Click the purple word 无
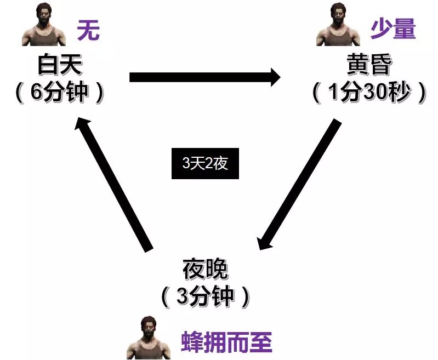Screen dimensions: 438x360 (x=88, y=30)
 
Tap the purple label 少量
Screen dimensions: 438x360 (x=393, y=28)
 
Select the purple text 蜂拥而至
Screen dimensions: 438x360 (x=226, y=342)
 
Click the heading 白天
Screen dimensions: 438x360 (x=60, y=65)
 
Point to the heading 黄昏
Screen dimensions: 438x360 (x=369, y=64)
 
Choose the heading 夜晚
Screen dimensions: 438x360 (x=206, y=269)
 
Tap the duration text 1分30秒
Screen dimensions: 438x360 (x=369, y=92)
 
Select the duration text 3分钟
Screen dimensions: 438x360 (x=206, y=296)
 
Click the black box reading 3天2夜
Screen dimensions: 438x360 (x=205, y=163)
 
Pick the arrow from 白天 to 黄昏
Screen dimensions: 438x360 (x=205, y=77)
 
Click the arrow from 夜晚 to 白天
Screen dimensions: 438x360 (x=113, y=185)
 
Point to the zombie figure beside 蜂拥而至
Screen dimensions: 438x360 (x=149, y=338)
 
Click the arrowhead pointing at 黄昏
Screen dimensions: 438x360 (x=276, y=77)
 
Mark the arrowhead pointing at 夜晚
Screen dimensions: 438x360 (x=264, y=242)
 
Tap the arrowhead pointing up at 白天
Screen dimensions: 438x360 (x=81, y=123)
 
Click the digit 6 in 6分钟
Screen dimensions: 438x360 (x=36, y=92)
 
